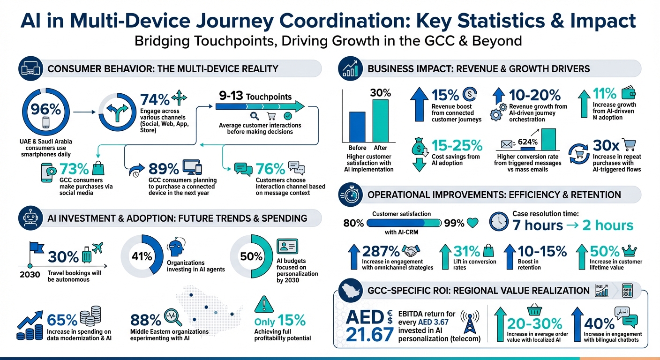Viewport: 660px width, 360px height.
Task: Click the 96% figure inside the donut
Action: click(x=45, y=109)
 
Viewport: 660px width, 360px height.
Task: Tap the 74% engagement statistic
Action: click(x=155, y=100)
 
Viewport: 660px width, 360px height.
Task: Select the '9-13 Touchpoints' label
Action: click(x=255, y=96)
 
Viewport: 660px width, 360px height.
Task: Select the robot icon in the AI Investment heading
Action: click(x=31, y=218)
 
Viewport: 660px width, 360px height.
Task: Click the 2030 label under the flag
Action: click(x=30, y=275)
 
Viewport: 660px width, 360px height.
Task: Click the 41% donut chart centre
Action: click(x=142, y=256)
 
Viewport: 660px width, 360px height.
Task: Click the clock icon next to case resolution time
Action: click(x=499, y=222)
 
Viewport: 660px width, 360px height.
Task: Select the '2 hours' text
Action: click(x=607, y=225)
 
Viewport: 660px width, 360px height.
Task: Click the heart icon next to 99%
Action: click(x=473, y=223)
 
